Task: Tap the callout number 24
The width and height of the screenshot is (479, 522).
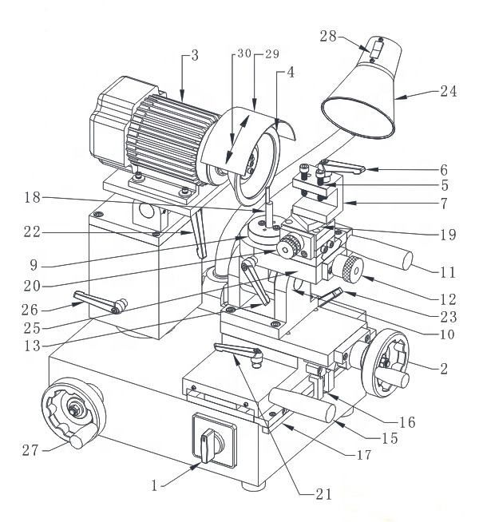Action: click(x=447, y=91)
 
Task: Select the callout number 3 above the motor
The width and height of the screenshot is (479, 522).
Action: click(x=193, y=57)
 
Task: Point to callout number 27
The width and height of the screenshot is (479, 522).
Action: click(x=30, y=450)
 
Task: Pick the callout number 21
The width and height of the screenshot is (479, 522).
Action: click(x=323, y=495)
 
